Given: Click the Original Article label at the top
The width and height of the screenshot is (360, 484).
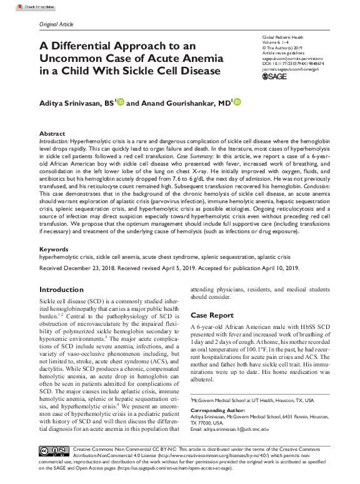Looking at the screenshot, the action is point(56,24).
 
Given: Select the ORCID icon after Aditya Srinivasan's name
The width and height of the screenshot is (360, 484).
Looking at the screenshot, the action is point(121,102).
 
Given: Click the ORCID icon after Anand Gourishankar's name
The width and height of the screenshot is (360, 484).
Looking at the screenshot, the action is point(237,102).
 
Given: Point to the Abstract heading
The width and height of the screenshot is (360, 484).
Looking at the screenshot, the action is point(51,134).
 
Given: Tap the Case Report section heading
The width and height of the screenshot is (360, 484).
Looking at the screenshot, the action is point(212,316).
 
